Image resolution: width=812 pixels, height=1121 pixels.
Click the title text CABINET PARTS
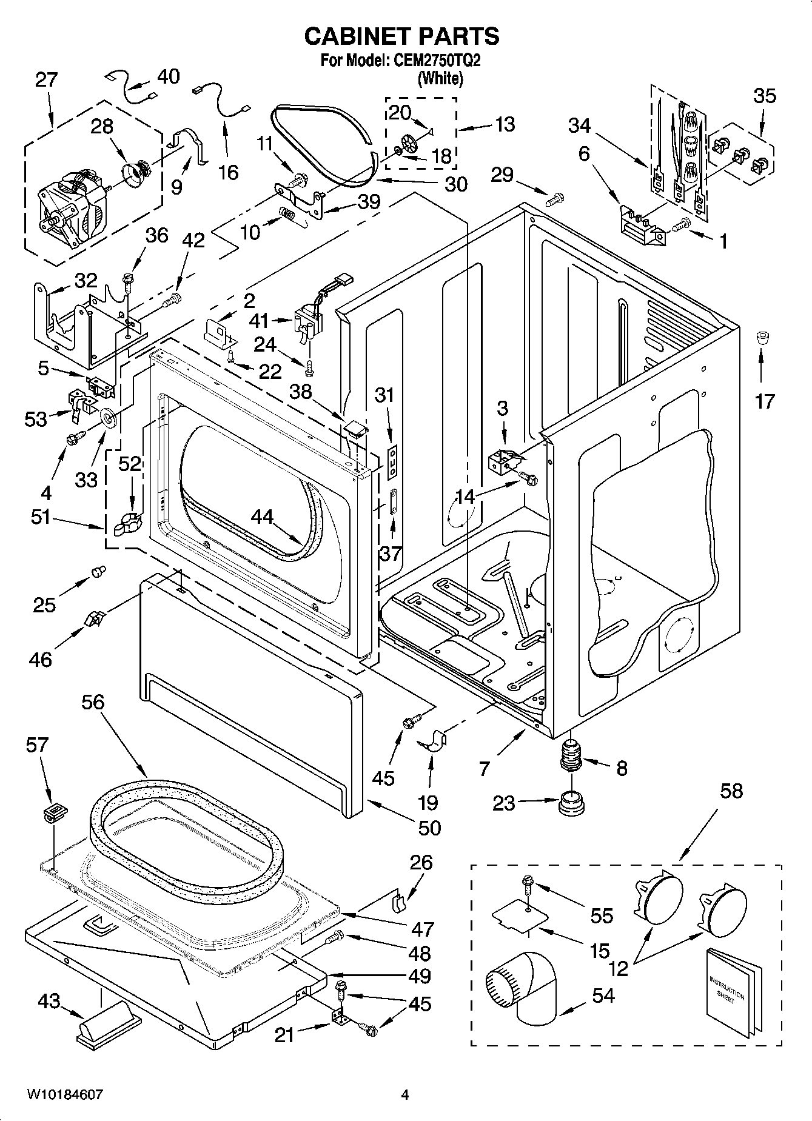401,36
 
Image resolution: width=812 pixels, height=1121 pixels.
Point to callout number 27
45,80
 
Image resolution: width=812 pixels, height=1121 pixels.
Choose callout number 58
731,791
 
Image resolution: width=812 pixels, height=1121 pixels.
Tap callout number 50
430,828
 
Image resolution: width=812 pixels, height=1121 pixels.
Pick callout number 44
263,517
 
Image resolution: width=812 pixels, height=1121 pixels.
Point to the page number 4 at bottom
405,1095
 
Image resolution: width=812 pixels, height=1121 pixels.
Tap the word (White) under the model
441,78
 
